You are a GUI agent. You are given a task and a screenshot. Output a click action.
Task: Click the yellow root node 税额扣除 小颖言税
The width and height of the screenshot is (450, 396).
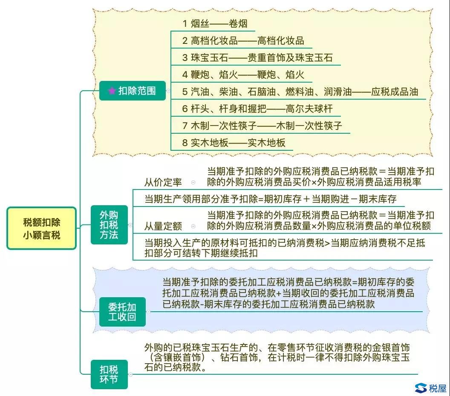click(42, 228)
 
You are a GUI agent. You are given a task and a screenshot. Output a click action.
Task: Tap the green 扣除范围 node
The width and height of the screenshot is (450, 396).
click(132, 91)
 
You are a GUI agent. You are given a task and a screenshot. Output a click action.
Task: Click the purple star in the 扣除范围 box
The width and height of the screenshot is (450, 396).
click(112, 91)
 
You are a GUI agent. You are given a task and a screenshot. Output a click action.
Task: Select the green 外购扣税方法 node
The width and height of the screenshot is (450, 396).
click(109, 225)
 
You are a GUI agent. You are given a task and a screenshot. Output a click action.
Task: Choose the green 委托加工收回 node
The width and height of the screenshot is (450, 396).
click(122, 312)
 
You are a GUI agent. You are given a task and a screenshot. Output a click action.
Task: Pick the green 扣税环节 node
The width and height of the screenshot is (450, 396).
click(109, 374)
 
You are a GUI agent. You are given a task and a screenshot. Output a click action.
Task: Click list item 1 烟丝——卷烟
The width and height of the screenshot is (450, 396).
click(215, 23)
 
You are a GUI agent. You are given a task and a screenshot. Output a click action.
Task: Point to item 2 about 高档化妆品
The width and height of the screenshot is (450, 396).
click(243, 41)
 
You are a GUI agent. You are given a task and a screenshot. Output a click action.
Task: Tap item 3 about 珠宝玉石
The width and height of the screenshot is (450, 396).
click(257, 57)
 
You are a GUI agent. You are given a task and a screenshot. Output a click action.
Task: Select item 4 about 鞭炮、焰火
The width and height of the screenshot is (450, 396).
click(243, 75)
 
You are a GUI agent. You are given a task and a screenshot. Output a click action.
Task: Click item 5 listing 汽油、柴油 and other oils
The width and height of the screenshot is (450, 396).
click(300, 92)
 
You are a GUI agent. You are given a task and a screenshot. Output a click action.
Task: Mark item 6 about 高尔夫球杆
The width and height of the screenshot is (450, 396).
click(257, 109)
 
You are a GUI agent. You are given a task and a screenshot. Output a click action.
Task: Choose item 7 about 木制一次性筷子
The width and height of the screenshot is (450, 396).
click(262, 126)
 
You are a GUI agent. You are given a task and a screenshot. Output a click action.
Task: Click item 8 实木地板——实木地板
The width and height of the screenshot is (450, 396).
click(234, 143)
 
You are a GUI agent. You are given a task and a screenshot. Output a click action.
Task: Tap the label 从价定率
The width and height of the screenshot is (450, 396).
click(163, 182)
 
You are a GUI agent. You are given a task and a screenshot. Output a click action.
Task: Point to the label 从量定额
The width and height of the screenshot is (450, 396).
click(163, 226)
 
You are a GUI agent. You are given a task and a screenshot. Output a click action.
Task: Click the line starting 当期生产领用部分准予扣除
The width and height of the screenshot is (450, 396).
click(270, 199)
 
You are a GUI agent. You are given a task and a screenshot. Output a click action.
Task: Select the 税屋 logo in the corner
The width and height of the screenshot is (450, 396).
click(431, 388)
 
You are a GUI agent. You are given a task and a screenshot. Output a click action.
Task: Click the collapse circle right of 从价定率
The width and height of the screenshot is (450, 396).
click(193, 182)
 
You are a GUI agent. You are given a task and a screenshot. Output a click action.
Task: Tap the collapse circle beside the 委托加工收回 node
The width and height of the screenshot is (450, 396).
click(148, 312)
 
